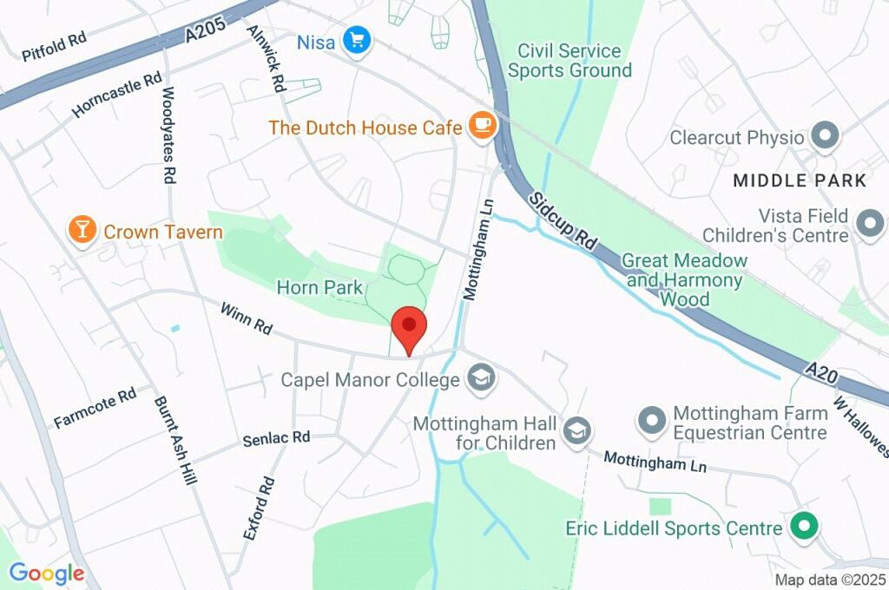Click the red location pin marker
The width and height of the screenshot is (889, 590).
coord(409,328)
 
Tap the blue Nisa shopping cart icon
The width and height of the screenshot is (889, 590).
coord(356,40)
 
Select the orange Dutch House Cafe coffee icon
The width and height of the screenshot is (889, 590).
coord(480,127)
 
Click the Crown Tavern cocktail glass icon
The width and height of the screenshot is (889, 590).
coord(82,231)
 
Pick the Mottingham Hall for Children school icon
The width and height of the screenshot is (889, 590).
coord(576,429)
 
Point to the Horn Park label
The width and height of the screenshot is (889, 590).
coord(319,286)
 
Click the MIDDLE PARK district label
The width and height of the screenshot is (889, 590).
coord(800,180)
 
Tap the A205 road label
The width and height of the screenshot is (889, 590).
coord(206,31)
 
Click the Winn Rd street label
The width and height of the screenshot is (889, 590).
coord(246,319)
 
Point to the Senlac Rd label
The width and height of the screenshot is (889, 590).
coord(277,438)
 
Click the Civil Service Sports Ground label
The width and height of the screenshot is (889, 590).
coord(570,61)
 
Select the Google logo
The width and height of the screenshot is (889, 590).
coord(47,573)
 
